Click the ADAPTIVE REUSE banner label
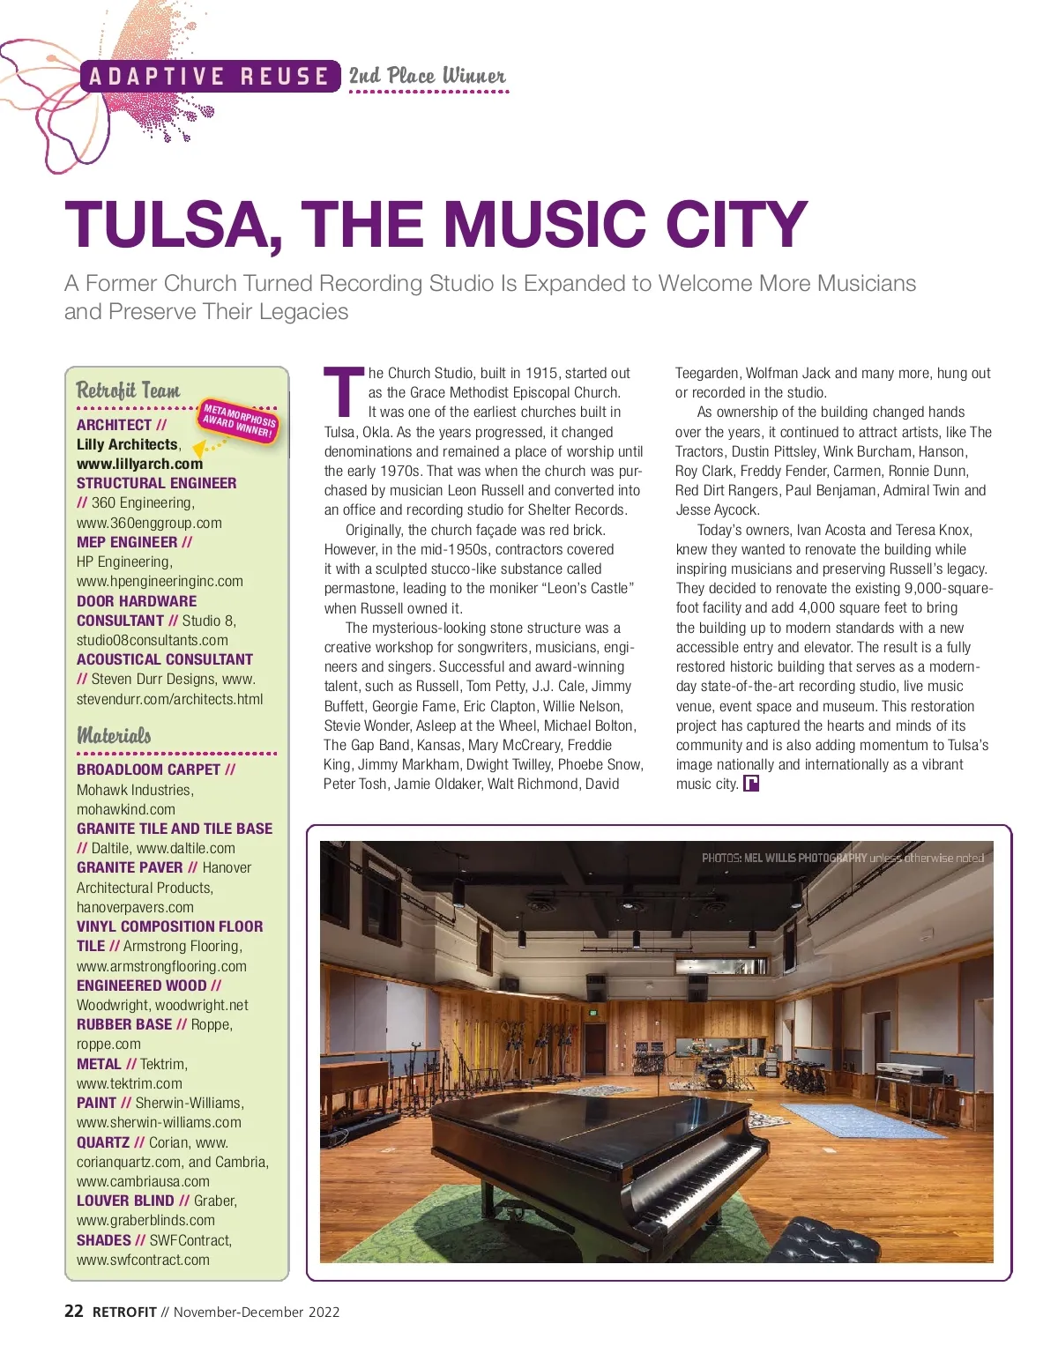[x=209, y=77]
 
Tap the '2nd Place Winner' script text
[x=428, y=76]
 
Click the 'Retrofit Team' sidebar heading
[x=128, y=390]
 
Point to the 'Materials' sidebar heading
[x=114, y=735]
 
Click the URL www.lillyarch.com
[x=139, y=464]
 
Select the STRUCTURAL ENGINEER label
[x=156, y=483]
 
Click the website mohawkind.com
[x=126, y=809]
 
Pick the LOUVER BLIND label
[x=125, y=1201]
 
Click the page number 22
[x=74, y=1312]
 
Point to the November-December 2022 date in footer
[x=257, y=1313]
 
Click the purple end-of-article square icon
[x=751, y=784]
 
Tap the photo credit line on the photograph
[x=842, y=858]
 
